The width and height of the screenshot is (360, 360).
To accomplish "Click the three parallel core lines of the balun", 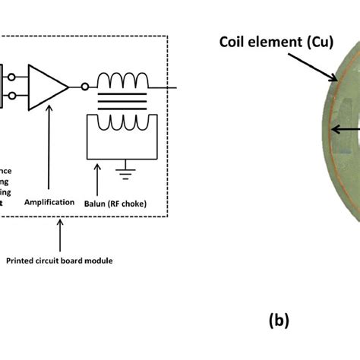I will coord(126,101).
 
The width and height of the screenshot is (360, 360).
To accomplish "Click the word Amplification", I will coord(49,203).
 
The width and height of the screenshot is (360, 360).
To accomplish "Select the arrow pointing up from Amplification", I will coord(49,152).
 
